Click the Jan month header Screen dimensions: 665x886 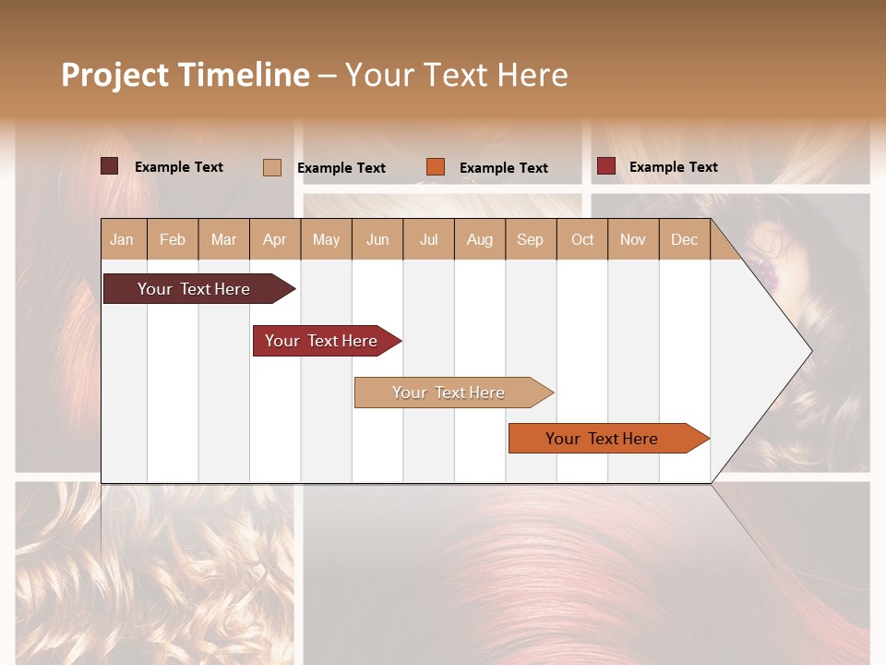coord(123,239)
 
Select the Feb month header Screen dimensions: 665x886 coord(173,239)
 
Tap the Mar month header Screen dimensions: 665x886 coord(223,239)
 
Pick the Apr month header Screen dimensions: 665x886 coord(275,239)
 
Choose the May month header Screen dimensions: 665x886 coord(326,239)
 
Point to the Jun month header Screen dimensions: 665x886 coord(377,239)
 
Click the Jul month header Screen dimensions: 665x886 coord(428,239)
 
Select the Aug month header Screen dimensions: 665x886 coord(480,239)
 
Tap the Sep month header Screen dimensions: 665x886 coord(531,239)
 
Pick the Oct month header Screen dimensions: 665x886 coord(582,239)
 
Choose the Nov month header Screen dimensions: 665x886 coord(633,239)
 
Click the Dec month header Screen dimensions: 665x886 coord(685,239)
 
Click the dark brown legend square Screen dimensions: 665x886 coord(110,166)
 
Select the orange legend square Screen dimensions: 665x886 coord(436,167)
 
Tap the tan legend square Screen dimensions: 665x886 coord(272,167)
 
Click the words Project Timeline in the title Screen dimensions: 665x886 coord(186,75)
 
